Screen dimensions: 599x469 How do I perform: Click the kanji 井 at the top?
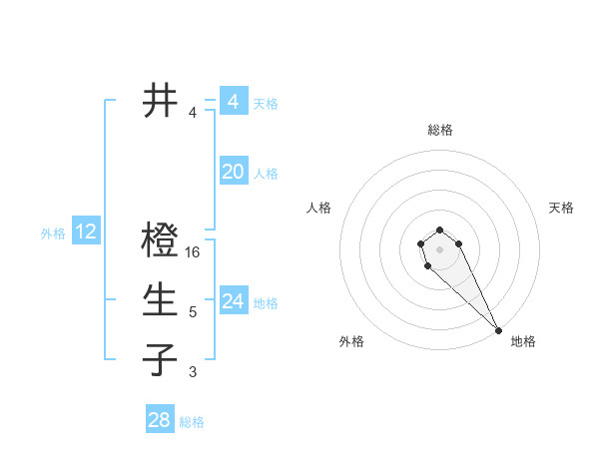[160, 101]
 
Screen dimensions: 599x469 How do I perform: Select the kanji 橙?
[160, 240]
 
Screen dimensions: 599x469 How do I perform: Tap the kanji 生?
[160, 300]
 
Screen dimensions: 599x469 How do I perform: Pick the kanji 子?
[160, 359]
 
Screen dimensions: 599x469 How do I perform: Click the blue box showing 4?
[233, 102]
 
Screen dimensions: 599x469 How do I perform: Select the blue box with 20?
[233, 172]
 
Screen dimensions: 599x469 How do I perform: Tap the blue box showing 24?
[233, 301]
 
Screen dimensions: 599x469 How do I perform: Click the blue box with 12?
[85, 233]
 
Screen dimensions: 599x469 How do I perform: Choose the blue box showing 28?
[159, 420]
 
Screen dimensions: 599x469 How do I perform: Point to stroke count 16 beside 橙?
[194, 252]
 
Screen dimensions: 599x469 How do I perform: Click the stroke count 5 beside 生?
[193, 312]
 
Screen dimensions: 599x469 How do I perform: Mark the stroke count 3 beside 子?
[193, 372]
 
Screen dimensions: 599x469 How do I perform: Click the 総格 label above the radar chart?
[440, 130]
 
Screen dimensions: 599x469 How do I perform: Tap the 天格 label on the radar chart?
[561, 208]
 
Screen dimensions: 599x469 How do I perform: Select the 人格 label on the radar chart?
[319, 208]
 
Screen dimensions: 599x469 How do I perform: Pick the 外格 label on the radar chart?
[350, 341]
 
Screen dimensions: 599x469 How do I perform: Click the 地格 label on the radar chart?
[523, 341]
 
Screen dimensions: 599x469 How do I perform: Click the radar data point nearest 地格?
[498, 330]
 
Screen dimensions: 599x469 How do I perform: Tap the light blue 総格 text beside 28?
[192, 422]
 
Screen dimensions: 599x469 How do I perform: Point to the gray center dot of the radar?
[440, 248]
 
